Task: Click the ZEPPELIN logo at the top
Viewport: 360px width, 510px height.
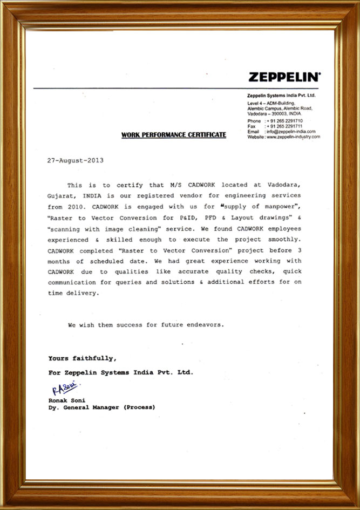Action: pyautogui.click(x=284, y=77)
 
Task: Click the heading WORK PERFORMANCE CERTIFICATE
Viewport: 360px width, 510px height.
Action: pyautogui.click(x=174, y=134)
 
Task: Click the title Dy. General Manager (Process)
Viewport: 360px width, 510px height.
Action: pyautogui.click(x=101, y=407)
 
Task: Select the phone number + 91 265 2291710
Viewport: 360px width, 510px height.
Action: pyautogui.click(x=284, y=121)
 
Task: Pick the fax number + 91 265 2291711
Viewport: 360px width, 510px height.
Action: pyautogui.click(x=284, y=126)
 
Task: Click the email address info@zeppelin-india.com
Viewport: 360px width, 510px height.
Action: pyautogui.click(x=291, y=132)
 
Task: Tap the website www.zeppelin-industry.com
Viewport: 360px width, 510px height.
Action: pyautogui.click(x=294, y=137)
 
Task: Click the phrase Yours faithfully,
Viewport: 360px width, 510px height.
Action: pyautogui.click(x=81, y=358)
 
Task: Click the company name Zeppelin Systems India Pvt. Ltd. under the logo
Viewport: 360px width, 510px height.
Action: pyautogui.click(x=281, y=95)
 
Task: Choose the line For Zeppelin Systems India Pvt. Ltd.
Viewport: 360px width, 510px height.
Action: pyautogui.click(x=120, y=372)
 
